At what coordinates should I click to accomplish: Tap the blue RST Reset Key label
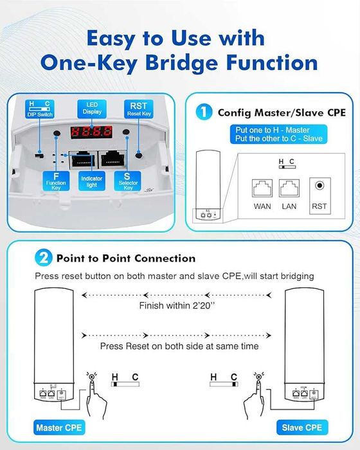click(x=139, y=109)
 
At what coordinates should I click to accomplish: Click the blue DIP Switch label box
click(x=39, y=109)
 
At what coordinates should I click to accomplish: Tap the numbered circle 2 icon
click(x=42, y=258)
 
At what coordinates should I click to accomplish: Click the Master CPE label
click(x=54, y=427)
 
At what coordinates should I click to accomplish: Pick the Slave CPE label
click(x=305, y=427)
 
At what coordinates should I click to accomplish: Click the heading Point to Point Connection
click(x=125, y=258)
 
